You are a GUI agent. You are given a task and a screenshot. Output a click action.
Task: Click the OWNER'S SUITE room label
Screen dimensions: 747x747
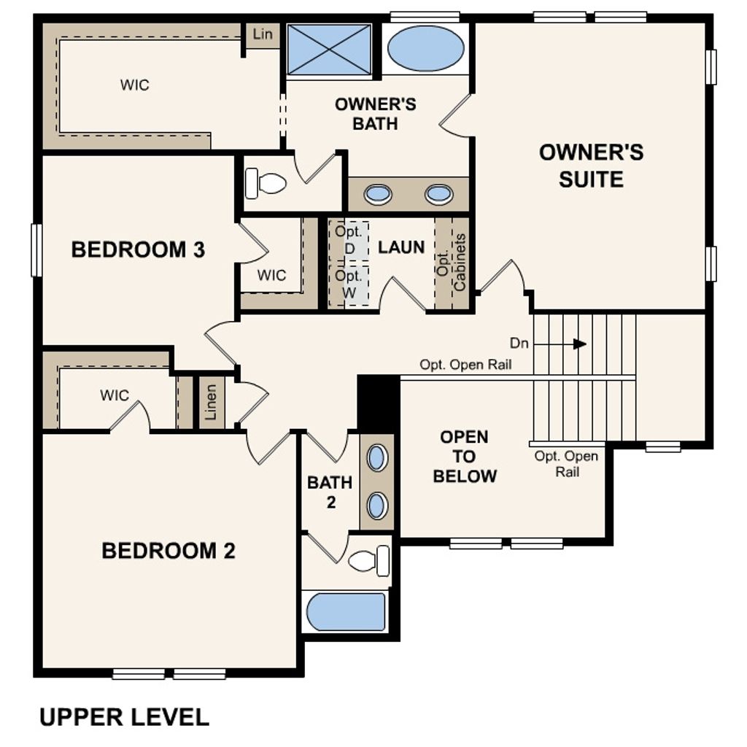pyautogui.click(x=591, y=166)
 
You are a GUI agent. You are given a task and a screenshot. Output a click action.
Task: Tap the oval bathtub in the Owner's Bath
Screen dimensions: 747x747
pyautogui.click(x=425, y=48)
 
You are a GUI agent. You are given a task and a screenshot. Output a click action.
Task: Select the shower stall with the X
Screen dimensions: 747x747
pyautogui.click(x=329, y=49)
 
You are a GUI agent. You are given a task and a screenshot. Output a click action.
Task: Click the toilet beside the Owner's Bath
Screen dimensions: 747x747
pyautogui.click(x=266, y=182)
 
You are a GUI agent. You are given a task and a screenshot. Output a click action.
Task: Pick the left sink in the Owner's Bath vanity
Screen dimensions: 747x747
pyautogui.click(x=378, y=194)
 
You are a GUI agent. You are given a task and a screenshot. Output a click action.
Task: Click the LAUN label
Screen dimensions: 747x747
pyautogui.click(x=401, y=247)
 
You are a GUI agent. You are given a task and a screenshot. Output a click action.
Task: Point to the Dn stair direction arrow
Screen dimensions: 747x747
pyautogui.click(x=579, y=344)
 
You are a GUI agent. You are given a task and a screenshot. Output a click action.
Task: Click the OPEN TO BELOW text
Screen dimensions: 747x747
pyautogui.click(x=465, y=457)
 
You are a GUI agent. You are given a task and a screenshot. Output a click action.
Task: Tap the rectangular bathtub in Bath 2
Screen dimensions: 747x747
pyautogui.click(x=345, y=611)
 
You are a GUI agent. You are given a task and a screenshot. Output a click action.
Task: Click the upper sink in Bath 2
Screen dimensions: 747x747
pyautogui.click(x=377, y=458)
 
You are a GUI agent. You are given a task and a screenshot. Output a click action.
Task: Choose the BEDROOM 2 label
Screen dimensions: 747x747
pyautogui.click(x=169, y=551)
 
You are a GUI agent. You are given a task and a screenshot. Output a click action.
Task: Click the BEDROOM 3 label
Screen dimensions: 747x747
pyautogui.click(x=138, y=250)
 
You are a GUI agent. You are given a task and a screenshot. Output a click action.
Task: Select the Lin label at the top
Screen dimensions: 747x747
pyautogui.click(x=263, y=34)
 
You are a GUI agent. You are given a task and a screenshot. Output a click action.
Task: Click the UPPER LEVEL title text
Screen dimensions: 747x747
pyautogui.click(x=124, y=717)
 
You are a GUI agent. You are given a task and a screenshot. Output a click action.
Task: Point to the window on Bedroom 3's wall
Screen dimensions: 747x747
pyautogui.click(x=36, y=250)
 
